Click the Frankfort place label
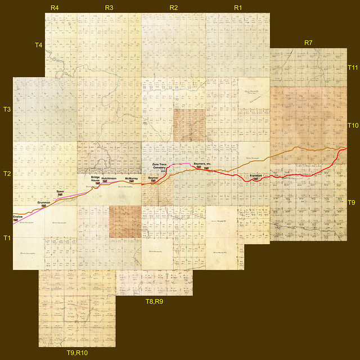255,176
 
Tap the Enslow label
19,215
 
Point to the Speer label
61,192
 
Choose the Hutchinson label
109,178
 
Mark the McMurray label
132,178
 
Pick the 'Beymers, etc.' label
202,164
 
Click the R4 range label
55,8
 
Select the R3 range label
109,8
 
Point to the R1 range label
238,8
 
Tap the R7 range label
308,43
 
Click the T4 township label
38,44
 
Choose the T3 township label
7,109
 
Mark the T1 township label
7,238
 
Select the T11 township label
353,67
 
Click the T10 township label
353,125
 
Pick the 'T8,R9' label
155,302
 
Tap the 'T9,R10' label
77,353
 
